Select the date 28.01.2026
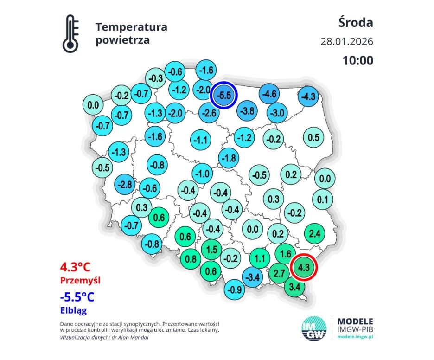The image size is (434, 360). (x=346, y=41)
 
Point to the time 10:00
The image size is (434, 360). (x=357, y=60)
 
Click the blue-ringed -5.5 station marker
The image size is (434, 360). (x=224, y=95)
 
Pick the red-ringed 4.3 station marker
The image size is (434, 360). (x=304, y=267)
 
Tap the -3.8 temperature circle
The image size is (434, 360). (x=248, y=111)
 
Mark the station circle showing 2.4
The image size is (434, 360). (x=314, y=233)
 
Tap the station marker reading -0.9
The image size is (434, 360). (x=236, y=290)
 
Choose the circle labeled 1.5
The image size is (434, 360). (x=211, y=250)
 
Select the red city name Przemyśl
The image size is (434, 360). (x=80, y=281)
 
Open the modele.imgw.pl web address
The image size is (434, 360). (x=356, y=336)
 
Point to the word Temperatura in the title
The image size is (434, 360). (x=131, y=27)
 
